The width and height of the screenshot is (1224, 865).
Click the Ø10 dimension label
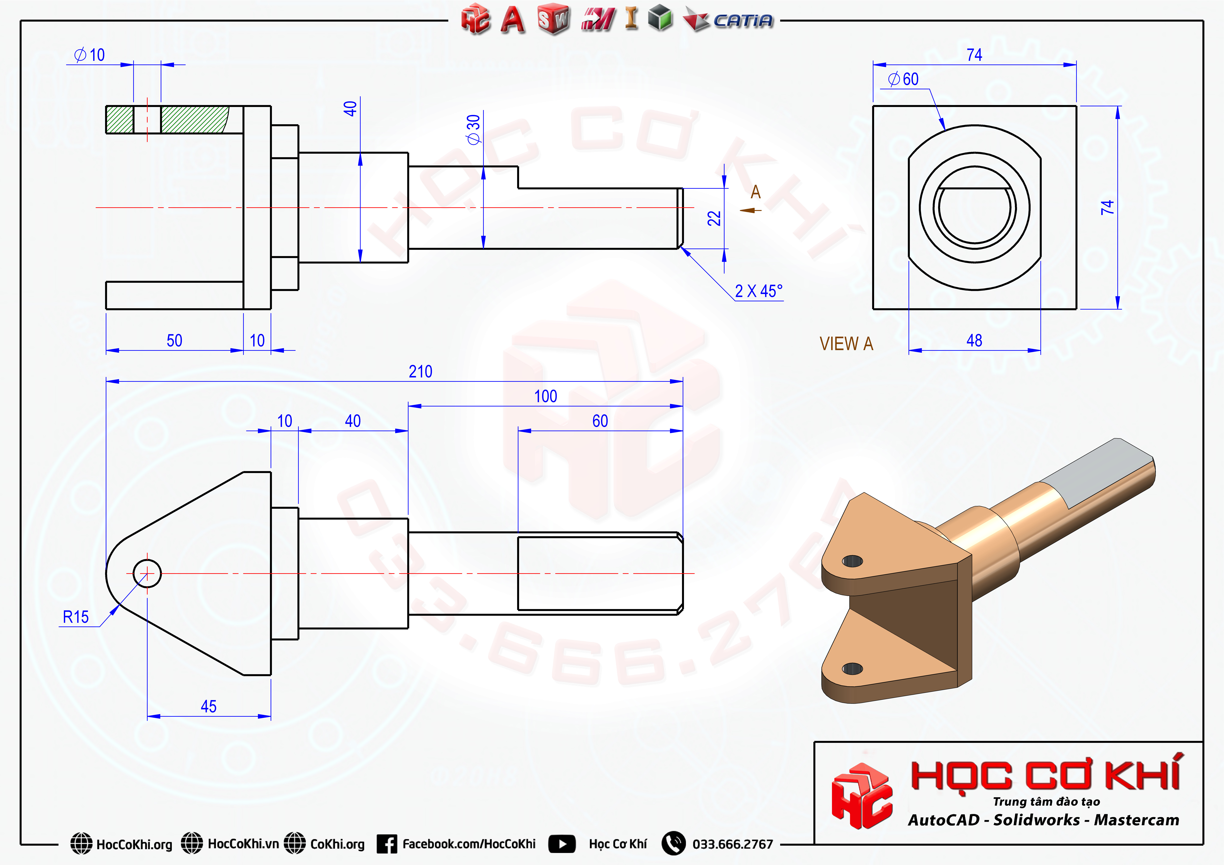point(90,55)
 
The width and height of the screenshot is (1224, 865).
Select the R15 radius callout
point(76,617)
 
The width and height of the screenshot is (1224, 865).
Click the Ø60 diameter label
point(904,79)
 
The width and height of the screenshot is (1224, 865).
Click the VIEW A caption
point(846,344)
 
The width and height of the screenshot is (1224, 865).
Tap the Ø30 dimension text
point(473,129)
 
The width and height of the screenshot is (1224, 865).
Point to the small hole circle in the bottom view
point(147,573)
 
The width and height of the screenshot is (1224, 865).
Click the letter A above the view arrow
point(755,192)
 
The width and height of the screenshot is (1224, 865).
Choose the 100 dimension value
point(545,397)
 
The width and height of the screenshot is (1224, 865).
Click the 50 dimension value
point(174,341)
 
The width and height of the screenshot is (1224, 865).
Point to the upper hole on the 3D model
point(852,561)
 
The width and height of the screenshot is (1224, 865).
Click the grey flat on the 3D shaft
point(1098,472)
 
